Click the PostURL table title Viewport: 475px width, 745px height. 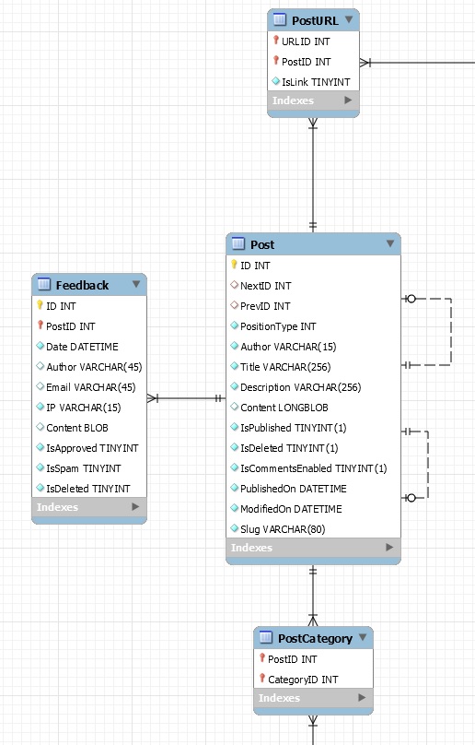pos(315,20)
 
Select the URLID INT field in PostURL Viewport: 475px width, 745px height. pos(306,41)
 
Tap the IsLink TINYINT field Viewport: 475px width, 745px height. pos(316,82)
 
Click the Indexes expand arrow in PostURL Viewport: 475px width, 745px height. pos(348,101)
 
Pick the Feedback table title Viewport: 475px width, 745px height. pos(82,285)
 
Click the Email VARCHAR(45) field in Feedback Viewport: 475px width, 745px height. pos(90,387)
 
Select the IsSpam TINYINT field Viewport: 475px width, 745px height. pos(84,468)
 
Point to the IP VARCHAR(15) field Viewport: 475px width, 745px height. pos(84,408)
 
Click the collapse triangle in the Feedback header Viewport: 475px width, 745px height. pos(136,284)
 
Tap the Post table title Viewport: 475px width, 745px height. pos(262,244)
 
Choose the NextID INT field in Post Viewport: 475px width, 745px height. pos(266,286)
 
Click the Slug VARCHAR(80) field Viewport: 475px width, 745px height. pos(283,529)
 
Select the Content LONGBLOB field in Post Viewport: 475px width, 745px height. pos(284,408)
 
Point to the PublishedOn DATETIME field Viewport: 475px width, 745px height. pos(294,489)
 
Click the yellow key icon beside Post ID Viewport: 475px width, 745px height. pos(234,265)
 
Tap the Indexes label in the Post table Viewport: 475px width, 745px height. pos(251,548)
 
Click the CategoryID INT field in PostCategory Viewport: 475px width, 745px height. pos(303,680)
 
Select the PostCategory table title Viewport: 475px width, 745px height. pos(315,639)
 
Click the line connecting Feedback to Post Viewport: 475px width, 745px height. pos(187,398)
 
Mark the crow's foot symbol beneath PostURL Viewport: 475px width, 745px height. pos(313,124)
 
